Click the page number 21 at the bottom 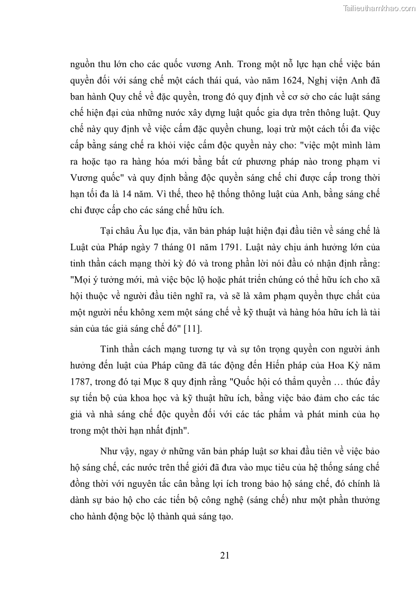point(224,555)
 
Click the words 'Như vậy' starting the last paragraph point(117,452)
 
